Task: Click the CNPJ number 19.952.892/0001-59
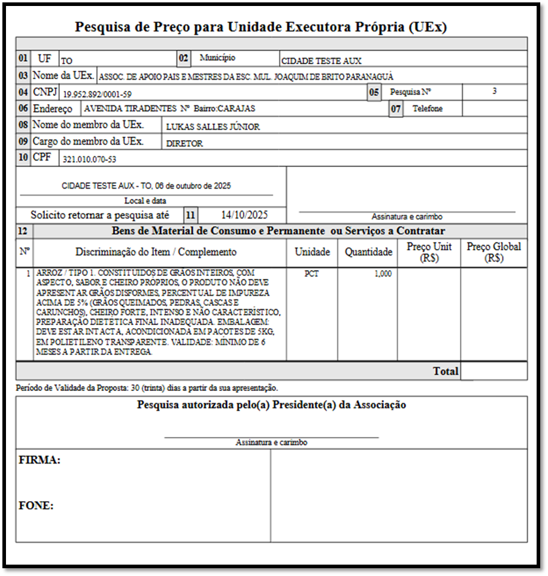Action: [x=97, y=94]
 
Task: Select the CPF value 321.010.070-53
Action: [x=89, y=159]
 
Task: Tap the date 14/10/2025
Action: [x=244, y=215]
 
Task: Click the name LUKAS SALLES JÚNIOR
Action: [x=213, y=127]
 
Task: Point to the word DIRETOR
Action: [x=184, y=144]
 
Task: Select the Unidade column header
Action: [x=311, y=252]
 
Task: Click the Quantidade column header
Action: [x=368, y=252]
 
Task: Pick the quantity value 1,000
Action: [x=383, y=274]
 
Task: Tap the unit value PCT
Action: [x=311, y=274]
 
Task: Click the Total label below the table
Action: [x=446, y=371]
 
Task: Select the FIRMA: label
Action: [x=40, y=460]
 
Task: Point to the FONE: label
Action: [x=37, y=506]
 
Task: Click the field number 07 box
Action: [x=395, y=110]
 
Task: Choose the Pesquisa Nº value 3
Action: [x=494, y=92]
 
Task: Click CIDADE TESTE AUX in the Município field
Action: [x=321, y=61]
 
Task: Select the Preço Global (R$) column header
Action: [x=493, y=252]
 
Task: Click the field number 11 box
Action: [x=190, y=215]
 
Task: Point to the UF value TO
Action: [x=66, y=61]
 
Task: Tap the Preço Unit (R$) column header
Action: [x=429, y=252]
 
